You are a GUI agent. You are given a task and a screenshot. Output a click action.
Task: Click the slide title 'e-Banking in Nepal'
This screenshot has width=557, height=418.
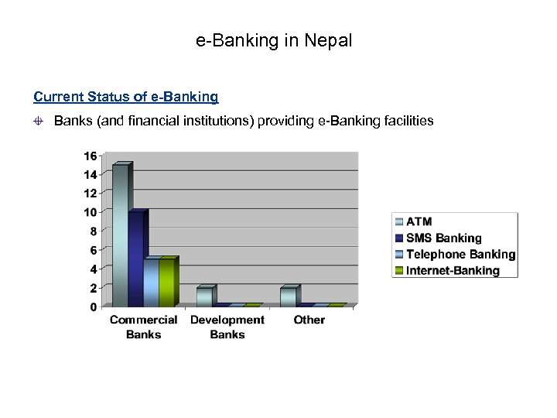click(x=274, y=40)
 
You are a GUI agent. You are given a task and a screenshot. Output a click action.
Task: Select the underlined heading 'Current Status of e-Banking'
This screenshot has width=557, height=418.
click(x=126, y=98)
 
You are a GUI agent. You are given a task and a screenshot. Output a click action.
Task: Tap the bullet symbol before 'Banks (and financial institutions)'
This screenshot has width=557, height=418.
click(x=39, y=122)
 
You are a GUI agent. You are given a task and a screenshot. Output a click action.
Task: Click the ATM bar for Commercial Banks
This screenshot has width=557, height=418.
click(x=120, y=236)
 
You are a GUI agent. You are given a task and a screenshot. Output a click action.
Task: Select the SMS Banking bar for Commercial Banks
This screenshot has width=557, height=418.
click(x=136, y=259)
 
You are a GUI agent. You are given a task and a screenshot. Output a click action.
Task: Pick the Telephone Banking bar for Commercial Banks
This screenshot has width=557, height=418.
click(x=152, y=283)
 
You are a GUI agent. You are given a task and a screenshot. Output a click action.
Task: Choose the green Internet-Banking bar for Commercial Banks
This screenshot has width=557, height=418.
click(x=167, y=283)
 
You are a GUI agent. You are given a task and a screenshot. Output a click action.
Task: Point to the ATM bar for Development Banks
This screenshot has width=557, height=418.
click(x=203, y=296)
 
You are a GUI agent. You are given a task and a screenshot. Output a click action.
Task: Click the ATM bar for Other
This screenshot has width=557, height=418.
click(x=287, y=296)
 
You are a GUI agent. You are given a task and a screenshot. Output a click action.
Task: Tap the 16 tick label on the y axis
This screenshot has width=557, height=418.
click(x=90, y=156)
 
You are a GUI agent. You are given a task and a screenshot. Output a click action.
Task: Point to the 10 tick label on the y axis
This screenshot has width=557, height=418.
click(x=90, y=212)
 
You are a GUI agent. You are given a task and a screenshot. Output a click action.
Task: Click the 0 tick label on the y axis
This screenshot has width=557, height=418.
click(x=93, y=307)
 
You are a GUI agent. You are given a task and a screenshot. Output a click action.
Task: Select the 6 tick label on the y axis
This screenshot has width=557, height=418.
click(x=93, y=250)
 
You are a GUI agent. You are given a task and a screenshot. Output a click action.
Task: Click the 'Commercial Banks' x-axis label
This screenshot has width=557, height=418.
click(x=143, y=327)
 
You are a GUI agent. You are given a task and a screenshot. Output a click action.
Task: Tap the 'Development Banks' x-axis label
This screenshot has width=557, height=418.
click(x=227, y=327)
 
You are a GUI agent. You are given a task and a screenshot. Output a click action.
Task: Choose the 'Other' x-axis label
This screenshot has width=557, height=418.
click(x=309, y=320)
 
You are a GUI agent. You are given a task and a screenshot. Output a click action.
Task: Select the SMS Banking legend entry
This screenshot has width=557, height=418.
click(x=443, y=238)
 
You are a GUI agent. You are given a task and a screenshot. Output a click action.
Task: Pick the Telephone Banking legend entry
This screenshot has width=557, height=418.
click(x=460, y=254)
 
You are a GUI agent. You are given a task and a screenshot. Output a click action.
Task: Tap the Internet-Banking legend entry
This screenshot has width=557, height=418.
click(x=453, y=270)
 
